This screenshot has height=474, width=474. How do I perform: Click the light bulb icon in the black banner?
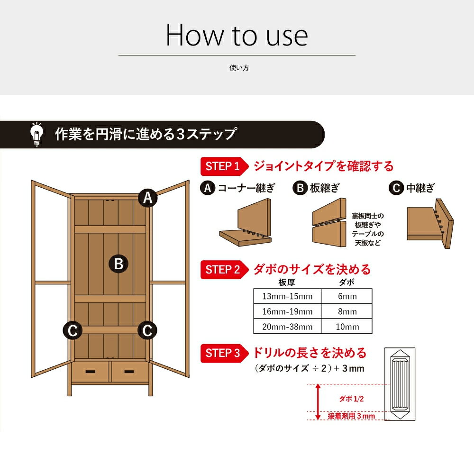coord(36,134)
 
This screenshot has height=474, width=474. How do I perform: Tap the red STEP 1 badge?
coord(224,166)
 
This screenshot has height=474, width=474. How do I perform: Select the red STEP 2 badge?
coord(224,269)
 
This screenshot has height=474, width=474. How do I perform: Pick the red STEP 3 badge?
coord(224,353)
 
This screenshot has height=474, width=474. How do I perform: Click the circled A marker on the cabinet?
coord(147,198)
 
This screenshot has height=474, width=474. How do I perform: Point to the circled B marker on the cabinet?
coord(118,264)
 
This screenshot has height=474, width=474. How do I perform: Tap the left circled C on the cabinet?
coord(73,330)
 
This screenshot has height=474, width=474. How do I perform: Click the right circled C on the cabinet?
coord(147,330)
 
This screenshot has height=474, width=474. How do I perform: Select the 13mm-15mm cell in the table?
coord(287,296)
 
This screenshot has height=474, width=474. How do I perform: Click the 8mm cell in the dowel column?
coord(347,311)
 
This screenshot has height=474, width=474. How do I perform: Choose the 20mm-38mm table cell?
coord(287,327)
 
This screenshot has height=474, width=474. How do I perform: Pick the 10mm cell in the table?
coord(347,327)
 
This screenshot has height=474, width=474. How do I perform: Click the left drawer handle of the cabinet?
coord(90,372)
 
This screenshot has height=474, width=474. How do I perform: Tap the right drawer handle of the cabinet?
coord(129,372)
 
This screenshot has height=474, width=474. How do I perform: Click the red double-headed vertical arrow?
coord(318,402)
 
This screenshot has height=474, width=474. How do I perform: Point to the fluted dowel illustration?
coord(400,384)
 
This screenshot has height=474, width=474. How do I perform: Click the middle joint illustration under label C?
coord(430,223)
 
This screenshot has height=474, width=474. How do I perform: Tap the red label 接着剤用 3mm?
coord(351,416)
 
